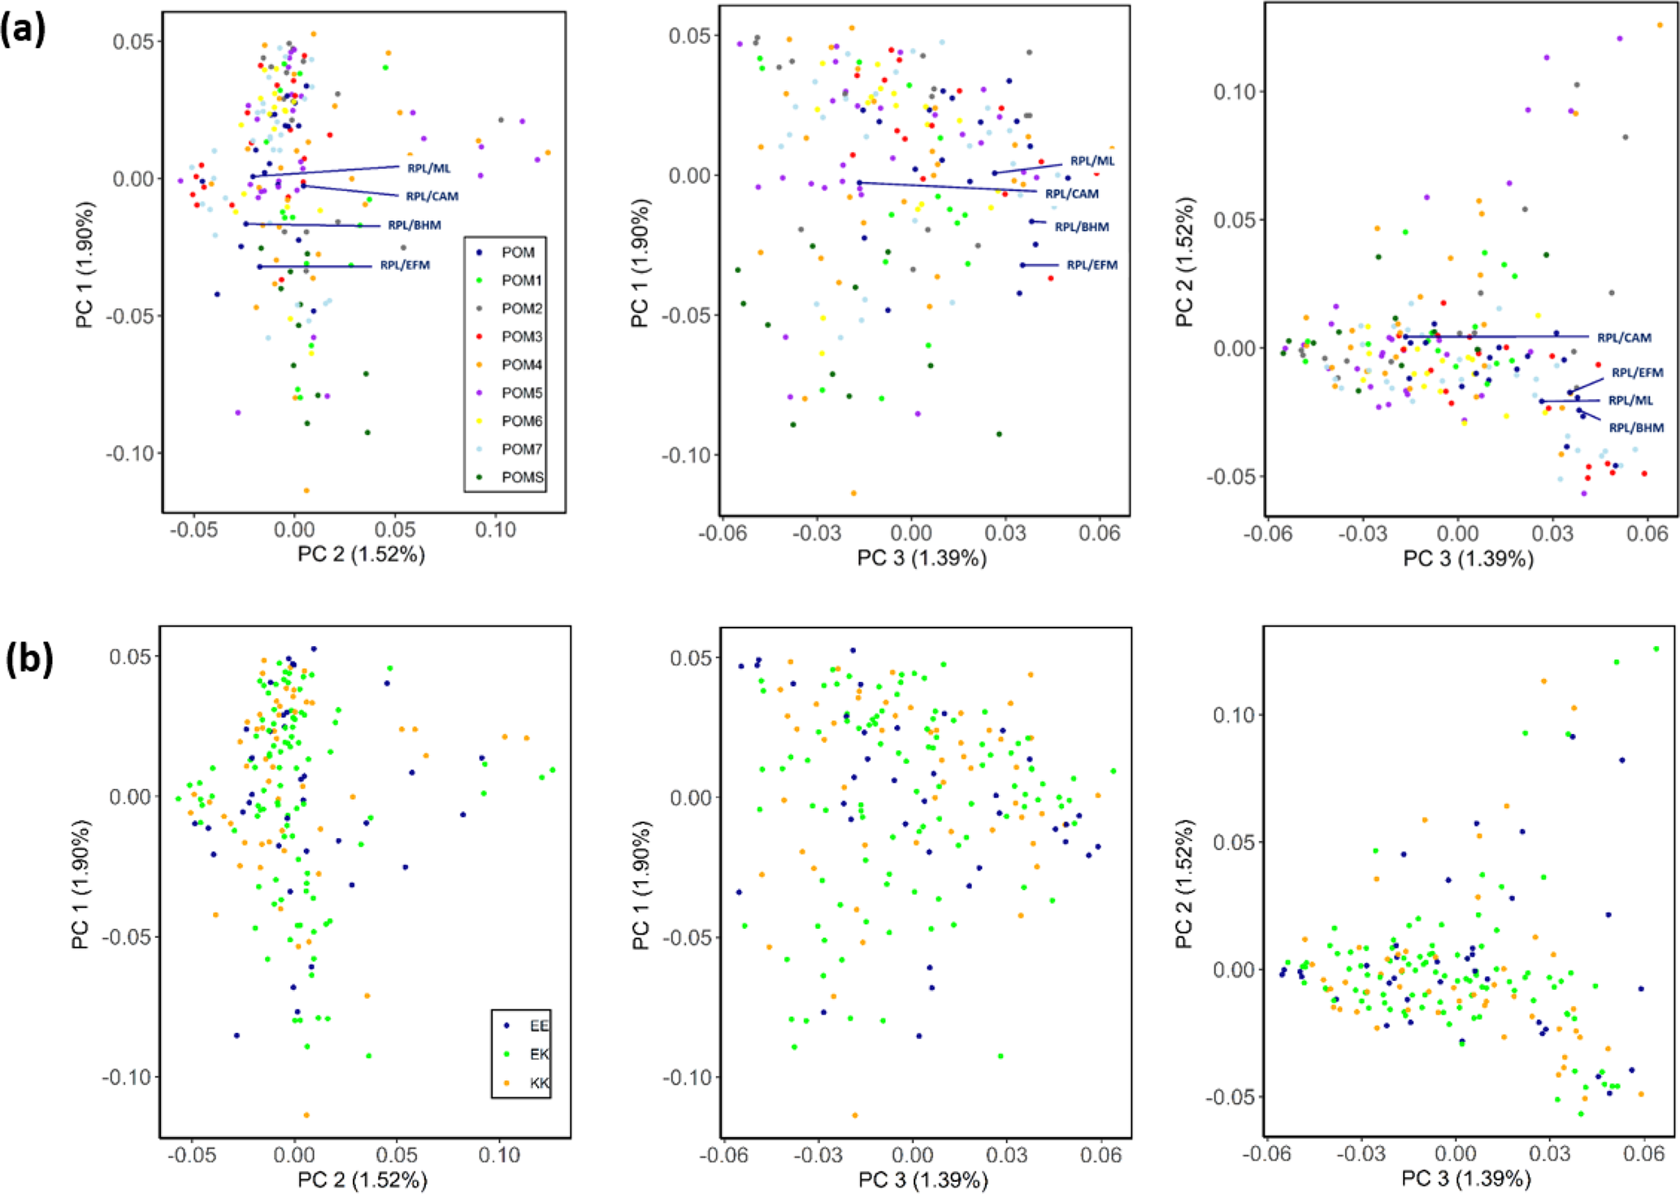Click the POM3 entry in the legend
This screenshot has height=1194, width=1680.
(x=521, y=336)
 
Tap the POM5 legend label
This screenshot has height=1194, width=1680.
(x=521, y=393)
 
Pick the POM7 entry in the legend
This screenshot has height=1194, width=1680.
(x=521, y=449)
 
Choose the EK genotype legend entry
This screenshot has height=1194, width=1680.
(x=538, y=1054)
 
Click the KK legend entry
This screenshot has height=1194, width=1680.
(x=538, y=1083)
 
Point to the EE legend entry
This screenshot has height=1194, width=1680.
(x=538, y=1026)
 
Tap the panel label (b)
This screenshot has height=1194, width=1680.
(x=29, y=660)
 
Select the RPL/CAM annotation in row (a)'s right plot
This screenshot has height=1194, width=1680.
(x=1624, y=337)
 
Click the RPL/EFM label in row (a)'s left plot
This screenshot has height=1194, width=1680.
(x=405, y=265)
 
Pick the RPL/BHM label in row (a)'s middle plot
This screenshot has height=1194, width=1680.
(x=1082, y=227)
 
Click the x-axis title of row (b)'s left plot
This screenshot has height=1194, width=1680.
(x=362, y=1179)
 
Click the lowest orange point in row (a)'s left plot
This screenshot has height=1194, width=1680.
(x=306, y=490)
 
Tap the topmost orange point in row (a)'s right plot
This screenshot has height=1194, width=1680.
(x=1660, y=25)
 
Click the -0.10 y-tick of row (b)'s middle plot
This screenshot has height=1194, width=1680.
(x=687, y=1077)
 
